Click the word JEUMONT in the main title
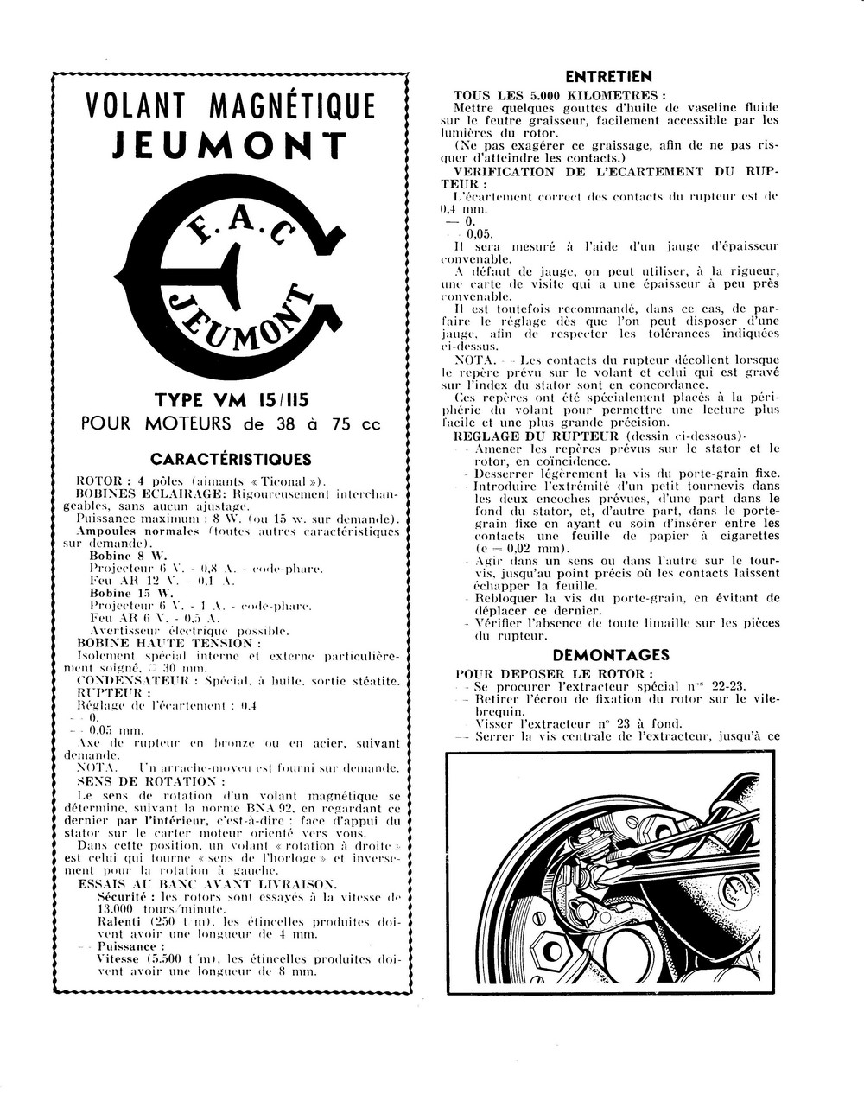230,144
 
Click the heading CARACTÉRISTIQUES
231,459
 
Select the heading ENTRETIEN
608,77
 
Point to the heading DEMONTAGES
611,655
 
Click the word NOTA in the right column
474,359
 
